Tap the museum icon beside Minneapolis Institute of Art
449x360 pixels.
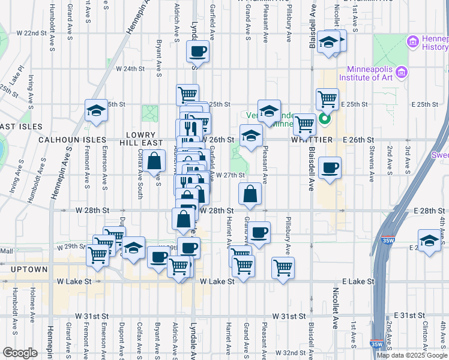pyautogui.click(x=402, y=72)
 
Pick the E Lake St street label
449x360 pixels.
pyautogui.click(x=358, y=281)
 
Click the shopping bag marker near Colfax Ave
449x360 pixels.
pyautogui.click(x=154, y=160)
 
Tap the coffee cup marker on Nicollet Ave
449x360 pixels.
pyautogui.click(x=330, y=168)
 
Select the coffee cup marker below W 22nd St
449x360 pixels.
pyautogui.click(x=197, y=52)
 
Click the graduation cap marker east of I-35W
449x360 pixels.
pyautogui.click(x=429, y=241)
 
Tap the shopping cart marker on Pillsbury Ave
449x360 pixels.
pyautogui.click(x=283, y=268)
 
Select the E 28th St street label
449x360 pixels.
pyautogui.click(x=429, y=211)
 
